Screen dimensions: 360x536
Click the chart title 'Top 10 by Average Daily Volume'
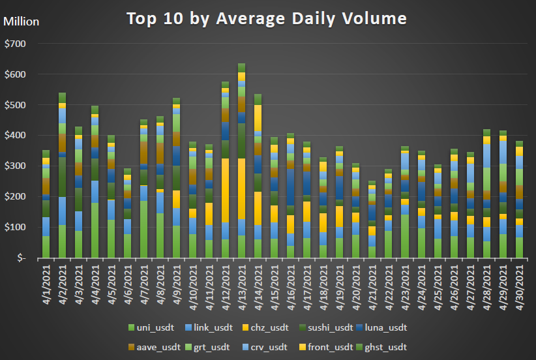pos(267,18)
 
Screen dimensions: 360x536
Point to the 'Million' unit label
pos(22,22)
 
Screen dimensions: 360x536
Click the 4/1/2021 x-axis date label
pos(46,282)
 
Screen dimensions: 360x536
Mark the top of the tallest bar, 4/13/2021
pos(241,64)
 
